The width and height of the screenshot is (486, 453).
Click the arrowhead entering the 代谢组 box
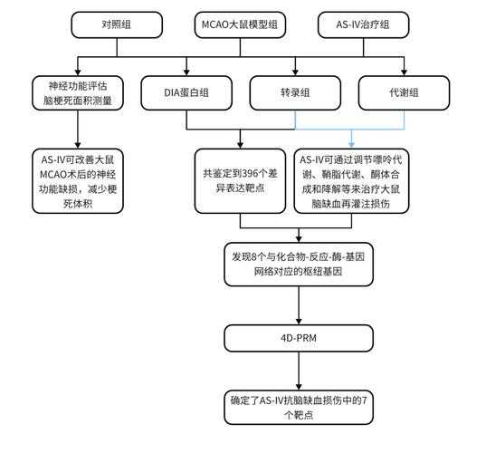click(x=401, y=72)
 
